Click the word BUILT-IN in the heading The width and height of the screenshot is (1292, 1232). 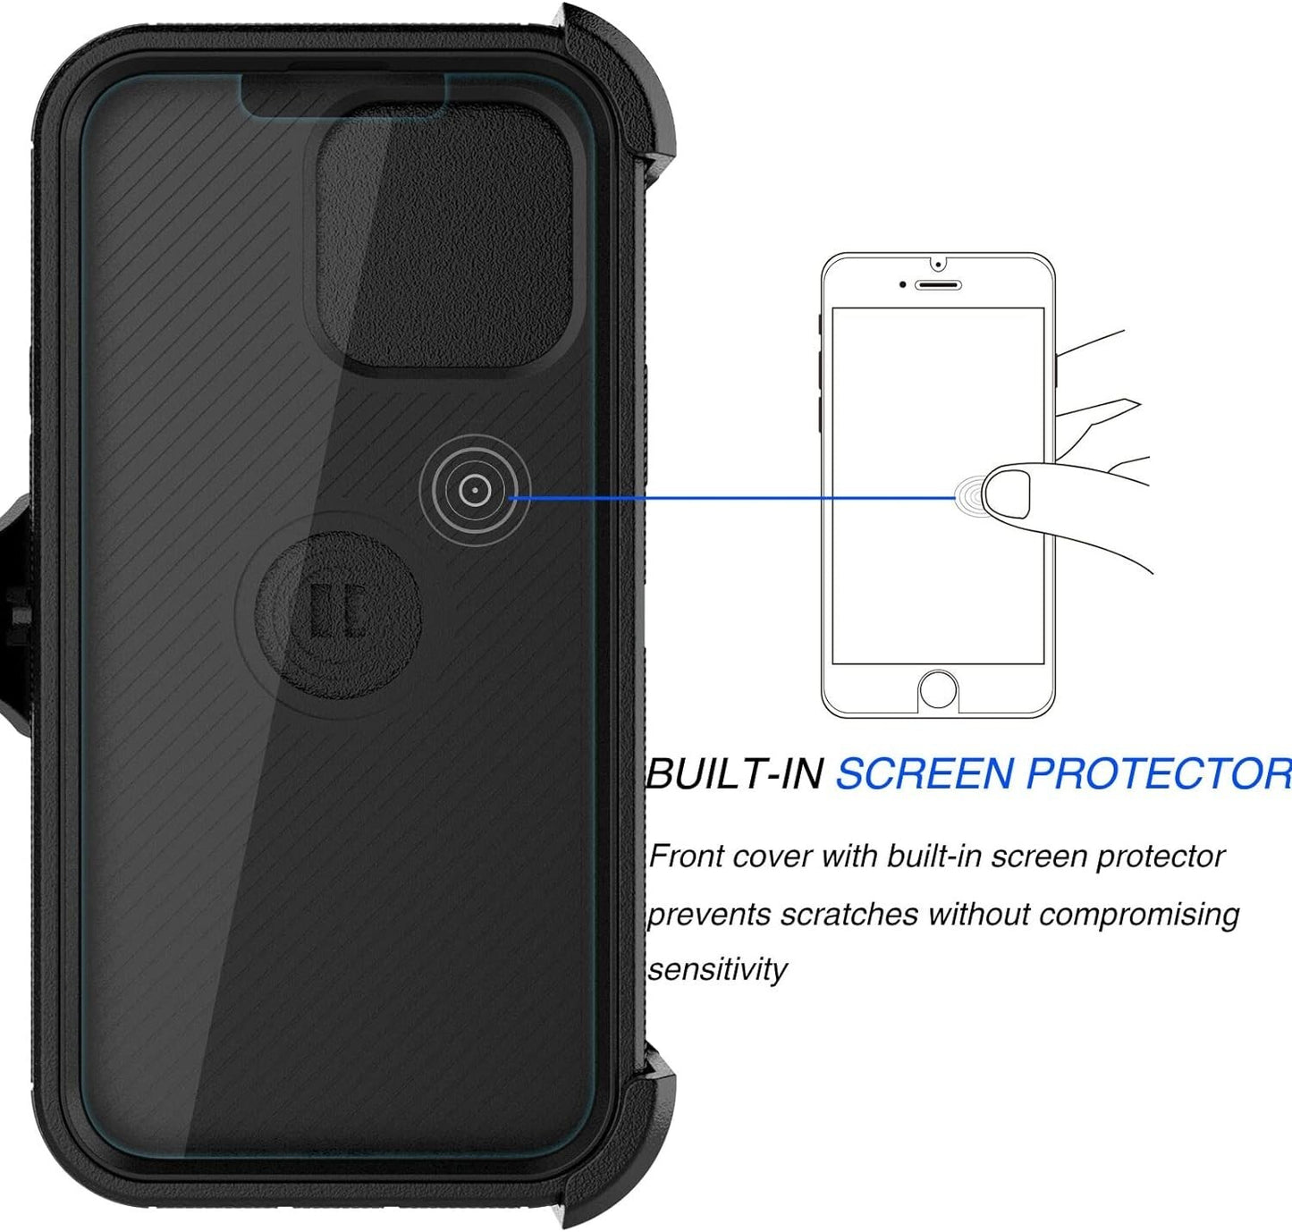(734, 773)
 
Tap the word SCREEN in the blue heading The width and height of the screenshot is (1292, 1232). (924, 773)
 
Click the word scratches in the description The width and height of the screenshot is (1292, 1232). (849, 914)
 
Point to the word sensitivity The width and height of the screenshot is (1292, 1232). (717, 969)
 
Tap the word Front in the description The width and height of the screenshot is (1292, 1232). (686, 856)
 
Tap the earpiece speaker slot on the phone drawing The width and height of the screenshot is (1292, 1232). (939, 285)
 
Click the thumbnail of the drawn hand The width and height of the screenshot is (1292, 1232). (1008, 494)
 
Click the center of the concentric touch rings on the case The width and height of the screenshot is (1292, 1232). (474, 490)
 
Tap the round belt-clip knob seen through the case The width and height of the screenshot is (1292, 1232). (338, 616)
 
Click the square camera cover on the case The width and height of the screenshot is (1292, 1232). (444, 240)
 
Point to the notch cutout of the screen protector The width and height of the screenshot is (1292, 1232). (343, 96)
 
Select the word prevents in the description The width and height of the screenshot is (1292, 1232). (707, 916)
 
